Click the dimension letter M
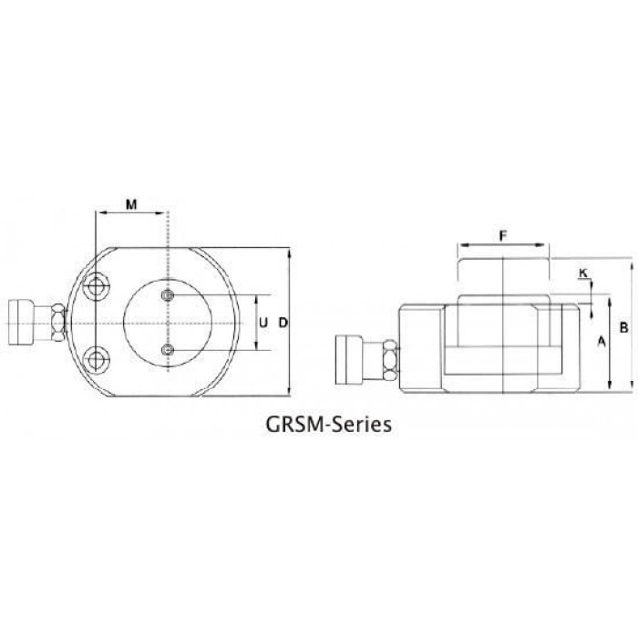[131, 204]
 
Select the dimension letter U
[263, 323]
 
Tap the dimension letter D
[283, 323]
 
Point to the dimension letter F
[503, 235]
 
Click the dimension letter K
[583, 273]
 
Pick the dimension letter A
[601, 342]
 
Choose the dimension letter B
[623, 326]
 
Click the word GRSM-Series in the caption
[329, 424]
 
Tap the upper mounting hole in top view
[96, 288]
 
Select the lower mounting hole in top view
[96, 359]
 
